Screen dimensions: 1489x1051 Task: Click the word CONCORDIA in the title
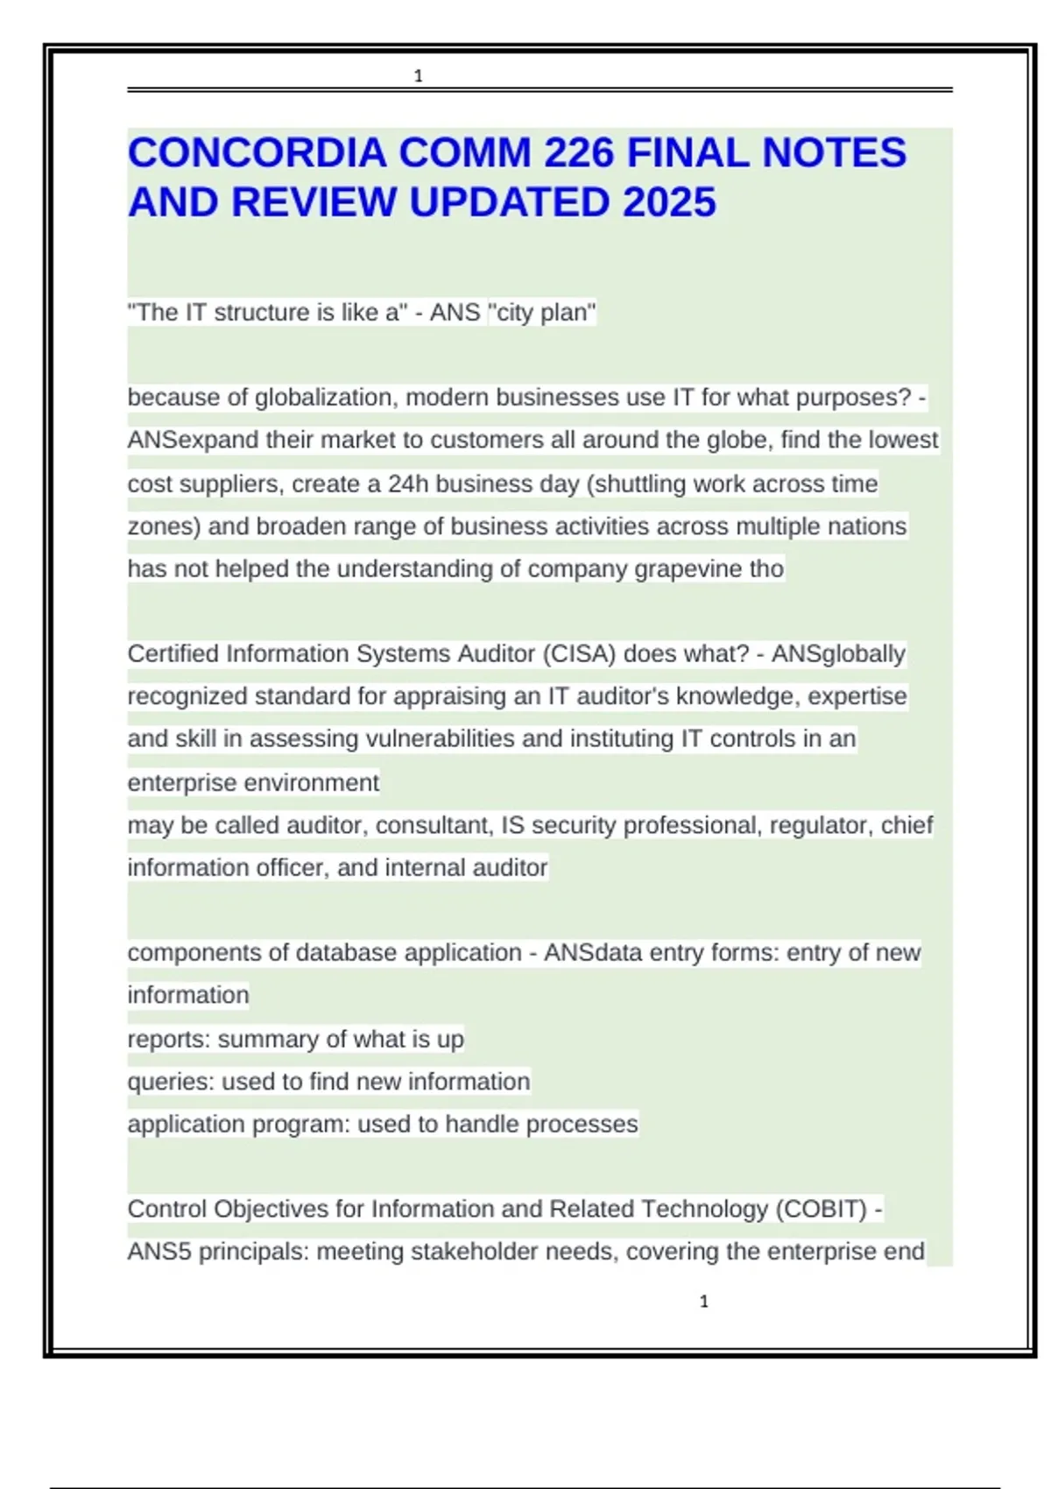257,152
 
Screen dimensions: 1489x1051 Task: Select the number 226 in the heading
579,152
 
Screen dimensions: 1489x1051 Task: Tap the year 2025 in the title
670,202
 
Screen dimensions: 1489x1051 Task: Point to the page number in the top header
418,76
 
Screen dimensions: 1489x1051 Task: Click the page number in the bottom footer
703,1302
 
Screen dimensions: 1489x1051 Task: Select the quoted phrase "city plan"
542,312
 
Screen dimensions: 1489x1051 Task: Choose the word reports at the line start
169,1039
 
